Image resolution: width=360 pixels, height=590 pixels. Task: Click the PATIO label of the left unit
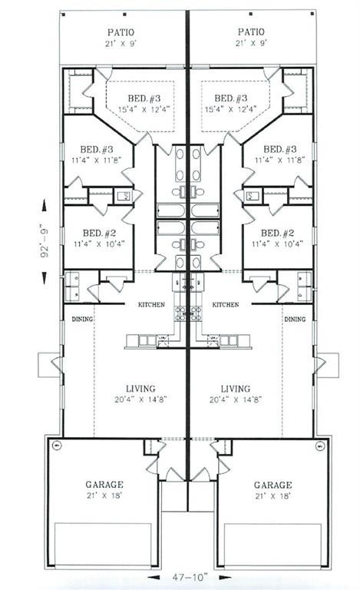(x=121, y=32)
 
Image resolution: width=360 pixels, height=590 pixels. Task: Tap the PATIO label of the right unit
(x=251, y=32)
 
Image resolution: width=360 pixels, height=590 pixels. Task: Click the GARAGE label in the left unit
(x=105, y=485)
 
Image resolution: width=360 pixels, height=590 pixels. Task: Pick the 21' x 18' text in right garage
(x=272, y=498)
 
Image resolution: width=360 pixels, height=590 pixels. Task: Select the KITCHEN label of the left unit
(x=151, y=305)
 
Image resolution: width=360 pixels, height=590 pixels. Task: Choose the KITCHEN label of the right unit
(x=225, y=305)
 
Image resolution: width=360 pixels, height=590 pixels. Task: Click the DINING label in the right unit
(x=294, y=319)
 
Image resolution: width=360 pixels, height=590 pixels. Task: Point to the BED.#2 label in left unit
(x=96, y=233)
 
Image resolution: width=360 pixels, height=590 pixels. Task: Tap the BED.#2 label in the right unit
(x=276, y=233)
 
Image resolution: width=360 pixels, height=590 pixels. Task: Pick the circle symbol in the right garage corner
(x=318, y=446)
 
